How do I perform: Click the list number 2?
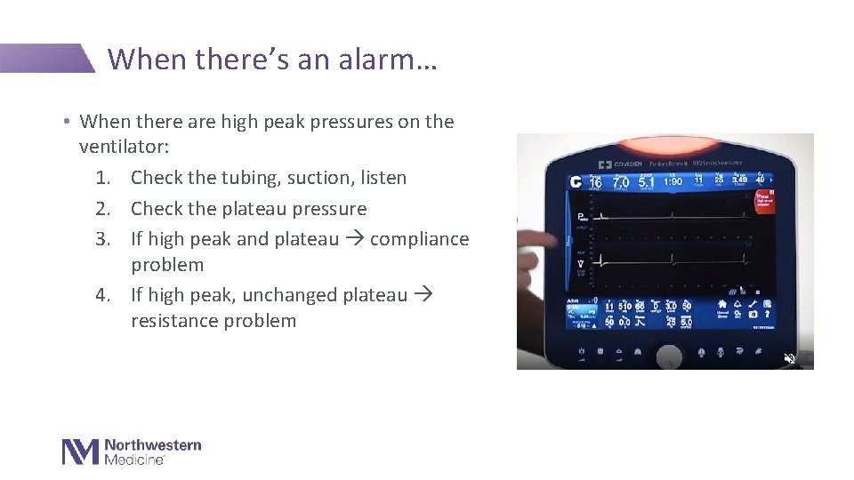[x=103, y=209]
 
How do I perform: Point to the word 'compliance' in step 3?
[x=419, y=239]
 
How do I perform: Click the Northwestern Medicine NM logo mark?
[x=80, y=452]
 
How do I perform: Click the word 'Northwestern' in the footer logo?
[x=153, y=444]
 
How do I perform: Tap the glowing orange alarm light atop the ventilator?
[x=666, y=144]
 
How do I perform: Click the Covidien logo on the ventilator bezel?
[x=626, y=165]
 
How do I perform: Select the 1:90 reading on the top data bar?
[x=672, y=181]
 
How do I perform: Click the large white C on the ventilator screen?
[x=576, y=182]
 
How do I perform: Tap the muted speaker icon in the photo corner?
[x=789, y=359]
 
